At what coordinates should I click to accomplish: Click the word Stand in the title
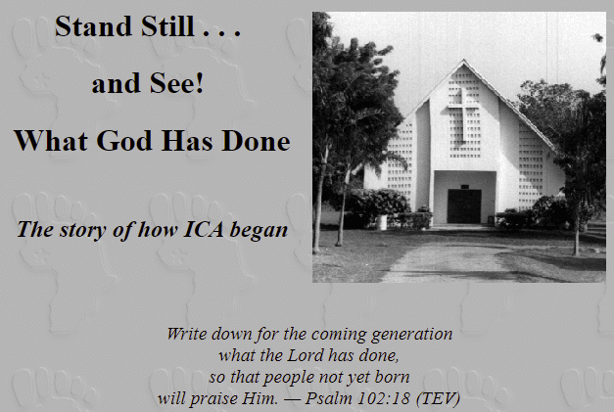(x=93, y=26)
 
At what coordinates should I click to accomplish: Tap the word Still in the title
(x=167, y=26)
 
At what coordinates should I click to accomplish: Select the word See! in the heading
(x=176, y=83)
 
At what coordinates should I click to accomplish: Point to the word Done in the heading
(x=256, y=141)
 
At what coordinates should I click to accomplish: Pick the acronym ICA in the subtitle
(x=204, y=229)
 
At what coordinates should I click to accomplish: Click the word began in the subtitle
(x=259, y=230)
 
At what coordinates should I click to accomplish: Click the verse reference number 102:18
(x=384, y=398)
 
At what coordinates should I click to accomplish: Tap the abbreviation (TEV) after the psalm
(x=438, y=398)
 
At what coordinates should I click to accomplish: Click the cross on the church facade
(x=463, y=114)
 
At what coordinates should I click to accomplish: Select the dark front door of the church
(x=464, y=206)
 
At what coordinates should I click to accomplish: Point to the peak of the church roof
(x=464, y=60)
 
